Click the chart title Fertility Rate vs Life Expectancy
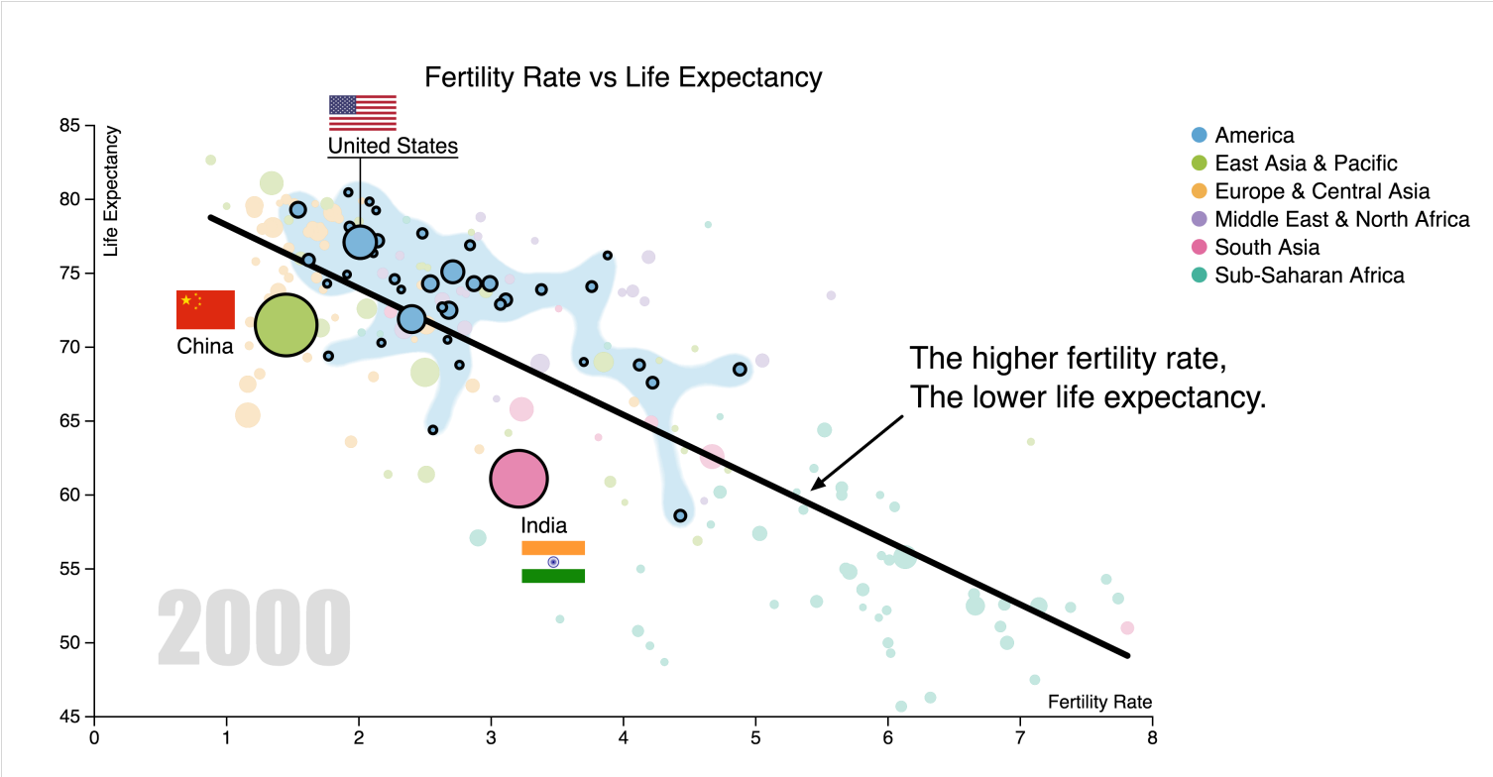click(623, 77)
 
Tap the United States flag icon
click(362, 113)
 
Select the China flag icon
click(205, 309)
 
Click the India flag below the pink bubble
click(553, 562)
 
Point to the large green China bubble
click(286, 325)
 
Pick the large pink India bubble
click(518, 479)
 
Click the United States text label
click(393, 147)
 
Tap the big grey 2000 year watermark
click(254, 628)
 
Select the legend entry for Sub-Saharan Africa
click(1309, 276)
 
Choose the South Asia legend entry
click(1267, 248)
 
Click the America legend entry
click(1254, 136)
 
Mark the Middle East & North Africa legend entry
click(1341, 219)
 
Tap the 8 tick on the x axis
click(1152, 737)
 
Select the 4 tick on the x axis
click(623, 737)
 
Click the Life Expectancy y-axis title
click(111, 191)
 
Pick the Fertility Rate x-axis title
click(1099, 703)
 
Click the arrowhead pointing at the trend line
click(816, 485)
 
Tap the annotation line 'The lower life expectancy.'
click(1088, 398)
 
